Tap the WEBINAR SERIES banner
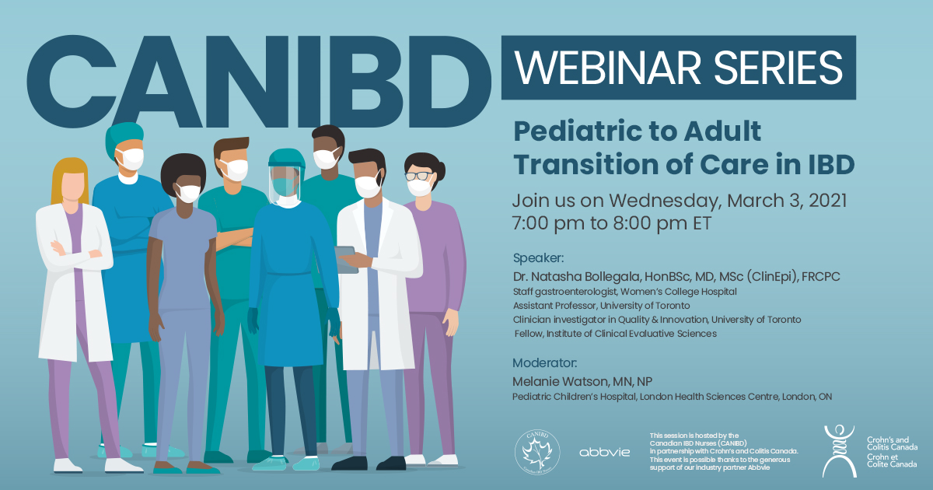click(678, 68)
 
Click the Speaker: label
click(538, 257)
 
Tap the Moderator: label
click(544, 362)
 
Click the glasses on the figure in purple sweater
click(418, 177)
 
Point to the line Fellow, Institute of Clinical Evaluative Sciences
click(615, 334)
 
